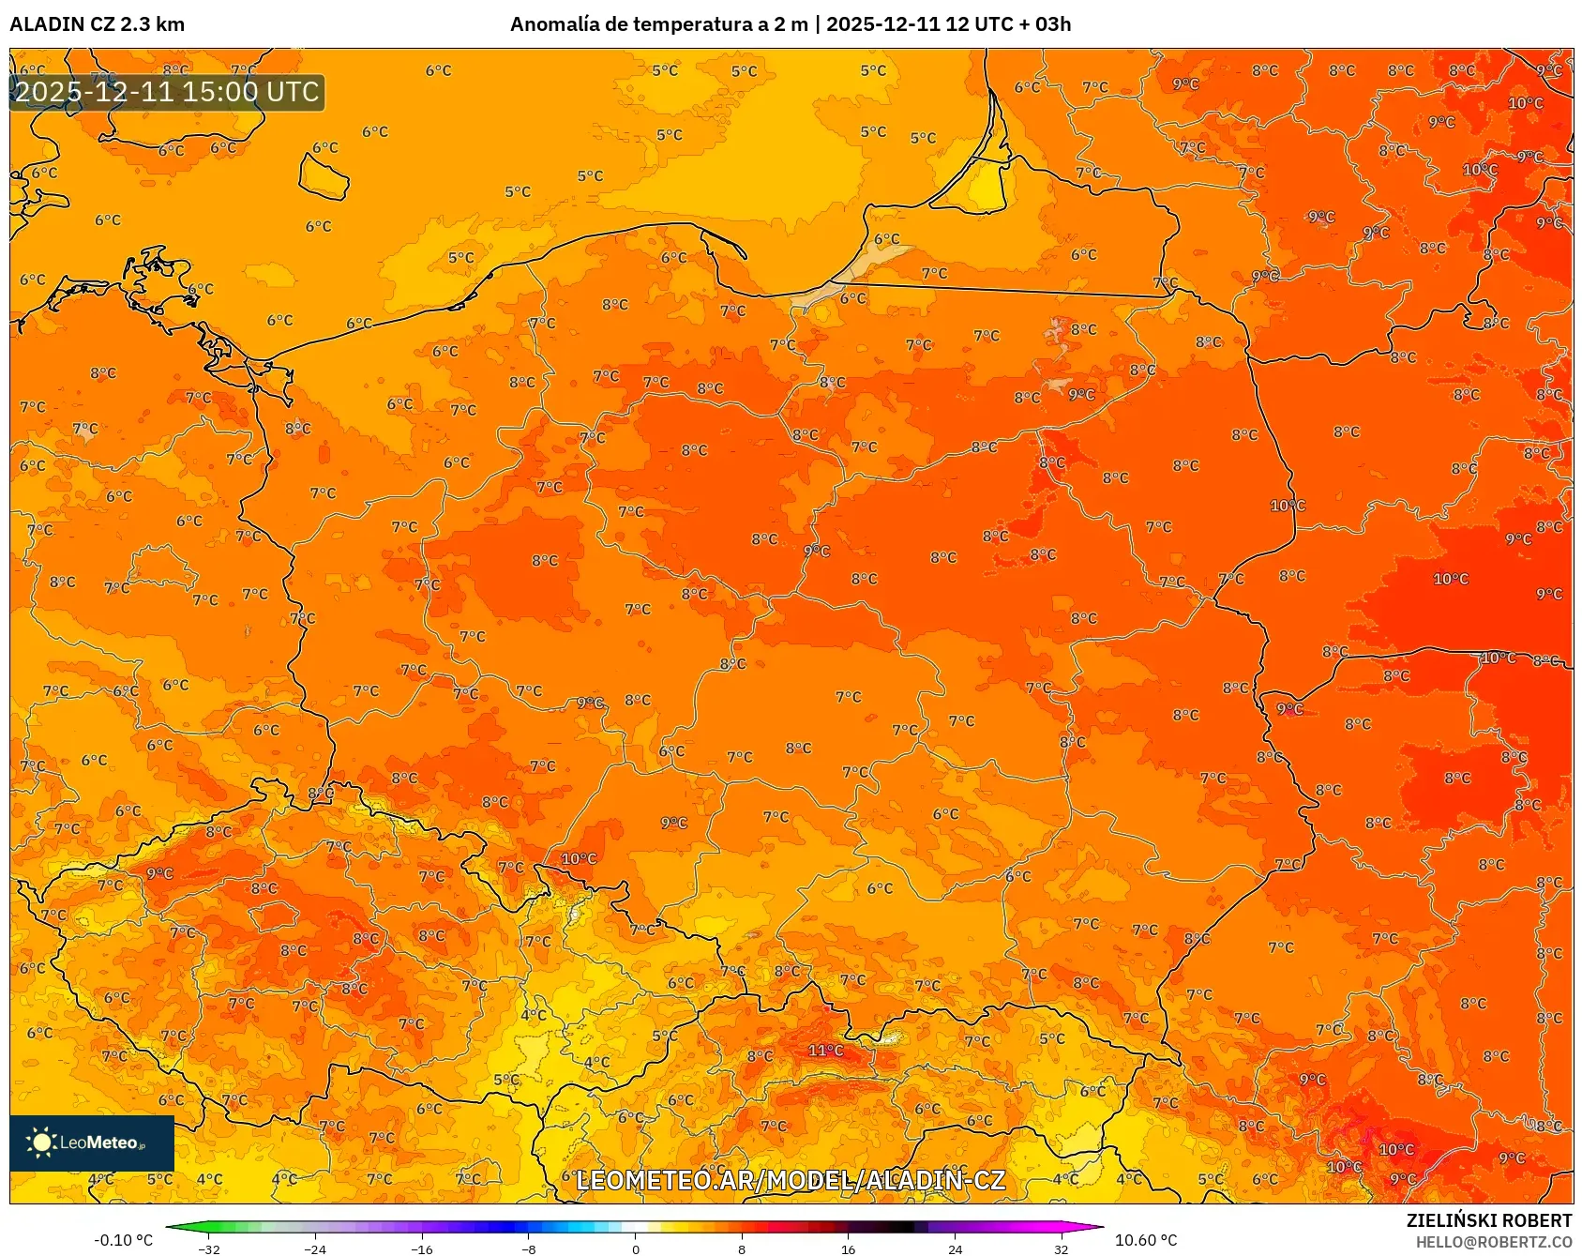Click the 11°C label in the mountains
click(825, 1051)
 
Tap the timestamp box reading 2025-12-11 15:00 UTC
click(167, 92)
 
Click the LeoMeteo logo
click(92, 1143)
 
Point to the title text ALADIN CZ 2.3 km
click(97, 24)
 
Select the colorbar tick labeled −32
click(209, 1248)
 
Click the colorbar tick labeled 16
click(848, 1248)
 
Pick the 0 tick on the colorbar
click(635, 1248)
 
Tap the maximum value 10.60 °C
click(1145, 1240)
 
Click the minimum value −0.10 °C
click(123, 1240)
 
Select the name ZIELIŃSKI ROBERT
click(1488, 1220)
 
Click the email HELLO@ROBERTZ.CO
click(1493, 1242)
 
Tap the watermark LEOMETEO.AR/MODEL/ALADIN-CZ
click(790, 1180)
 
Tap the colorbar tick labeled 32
click(1061, 1248)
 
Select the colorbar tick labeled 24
click(955, 1248)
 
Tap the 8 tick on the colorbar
click(742, 1248)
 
